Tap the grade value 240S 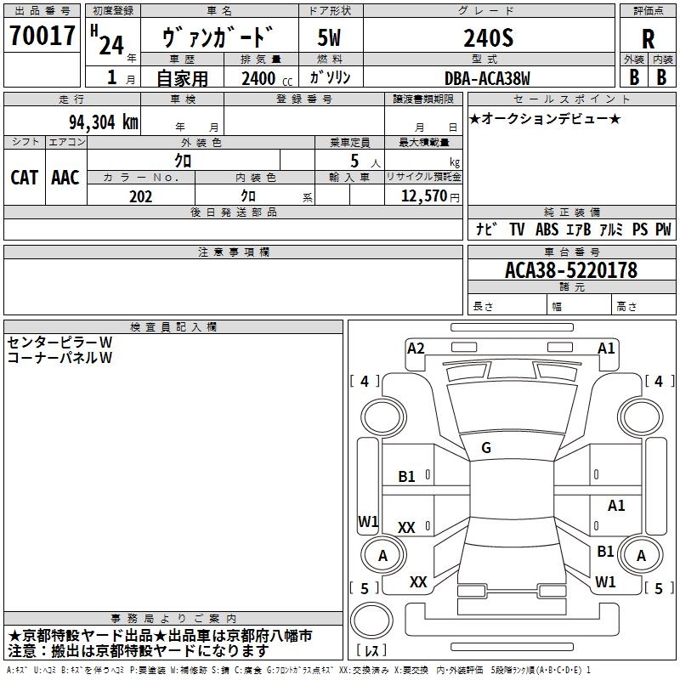488,37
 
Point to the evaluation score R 649,39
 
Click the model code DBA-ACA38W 488,78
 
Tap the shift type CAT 24,177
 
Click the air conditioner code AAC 65,177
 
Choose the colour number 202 140,196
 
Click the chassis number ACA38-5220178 558,271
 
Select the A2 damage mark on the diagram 416,348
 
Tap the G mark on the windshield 486,448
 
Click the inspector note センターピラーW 59,342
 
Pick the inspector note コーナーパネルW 59,357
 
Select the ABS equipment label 547,229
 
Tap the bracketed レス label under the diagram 371,651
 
